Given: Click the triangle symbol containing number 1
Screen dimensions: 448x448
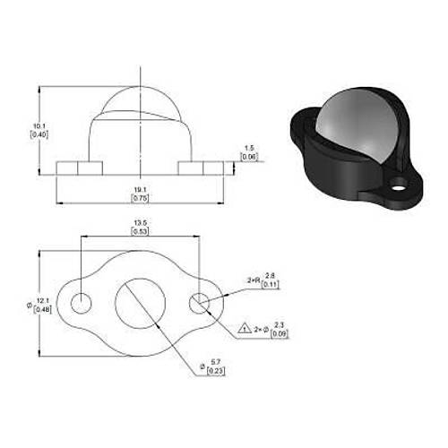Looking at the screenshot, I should click(244, 329).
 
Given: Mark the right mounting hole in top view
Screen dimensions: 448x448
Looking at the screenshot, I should click(199, 302).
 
